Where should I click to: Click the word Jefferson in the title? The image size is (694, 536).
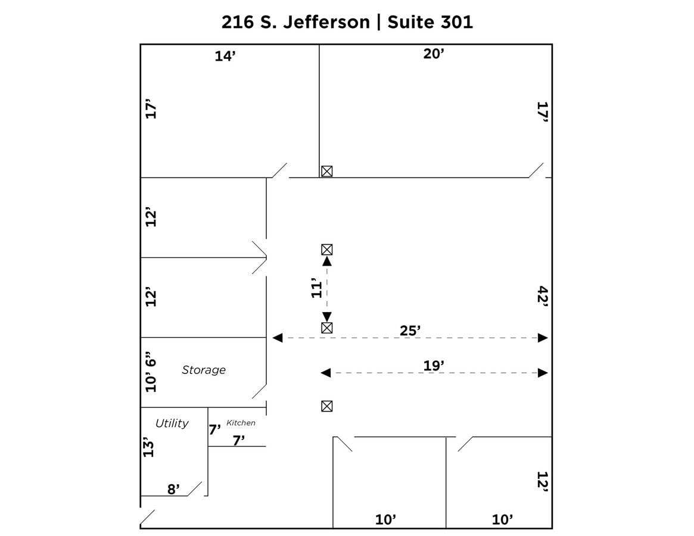point(325,22)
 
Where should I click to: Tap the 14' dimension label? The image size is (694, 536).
point(226,57)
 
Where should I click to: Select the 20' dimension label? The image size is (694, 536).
point(434,54)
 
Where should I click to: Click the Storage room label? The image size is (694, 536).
point(204,370)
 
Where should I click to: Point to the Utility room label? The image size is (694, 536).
point(172,423)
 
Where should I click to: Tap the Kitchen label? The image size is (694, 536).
point(241,423)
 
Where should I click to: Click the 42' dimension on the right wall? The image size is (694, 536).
point(542,295)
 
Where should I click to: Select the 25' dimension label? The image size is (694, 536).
point(410,331)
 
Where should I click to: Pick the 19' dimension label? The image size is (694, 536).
point(434,366)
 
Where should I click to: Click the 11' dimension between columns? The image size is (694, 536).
point(316,288)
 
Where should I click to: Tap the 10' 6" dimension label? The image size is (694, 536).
point(151,374)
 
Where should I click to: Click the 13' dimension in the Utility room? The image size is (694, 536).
point(148,447)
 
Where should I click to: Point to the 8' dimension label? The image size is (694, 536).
point(173,490)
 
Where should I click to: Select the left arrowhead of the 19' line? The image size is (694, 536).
point(326,373)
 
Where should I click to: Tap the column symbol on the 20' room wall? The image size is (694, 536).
point(326,172)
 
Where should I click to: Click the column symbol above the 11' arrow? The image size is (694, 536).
point(326,250)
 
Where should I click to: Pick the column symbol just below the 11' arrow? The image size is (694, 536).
point(326,328)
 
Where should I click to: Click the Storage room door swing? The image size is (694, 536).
point(259,391)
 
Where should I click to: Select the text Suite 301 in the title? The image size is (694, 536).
point(430,22)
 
